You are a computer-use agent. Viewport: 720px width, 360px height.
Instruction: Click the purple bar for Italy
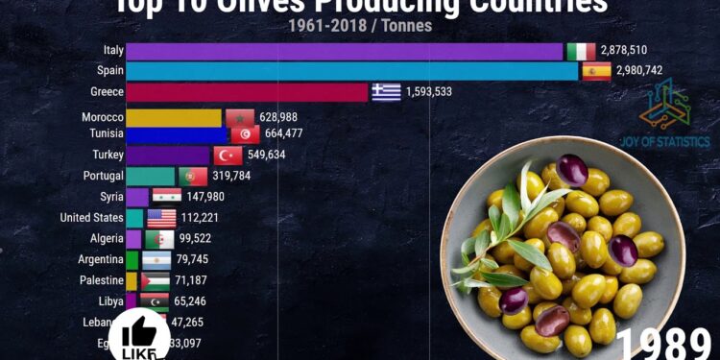click(344, 51)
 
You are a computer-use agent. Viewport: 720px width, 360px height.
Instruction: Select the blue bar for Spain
click(351, 71)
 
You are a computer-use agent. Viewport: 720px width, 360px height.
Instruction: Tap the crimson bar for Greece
click(247, 92)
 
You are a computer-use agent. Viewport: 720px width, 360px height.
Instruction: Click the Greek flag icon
click(386, 92)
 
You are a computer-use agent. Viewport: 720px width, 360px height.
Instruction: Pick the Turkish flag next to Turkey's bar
click(228, 155)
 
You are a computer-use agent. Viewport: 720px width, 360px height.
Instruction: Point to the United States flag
click(161, 218)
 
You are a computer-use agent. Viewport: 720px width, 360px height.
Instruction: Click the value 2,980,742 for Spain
click(649, 71)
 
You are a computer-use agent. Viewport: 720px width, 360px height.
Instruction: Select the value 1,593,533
click(443, 92)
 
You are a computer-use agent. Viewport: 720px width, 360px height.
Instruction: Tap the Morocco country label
click(103, 117)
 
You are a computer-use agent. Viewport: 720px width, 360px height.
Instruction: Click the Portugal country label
click(104, 176)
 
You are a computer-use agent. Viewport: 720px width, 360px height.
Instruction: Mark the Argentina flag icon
click(156, 260)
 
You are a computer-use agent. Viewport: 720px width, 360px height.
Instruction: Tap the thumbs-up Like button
click(139, 336)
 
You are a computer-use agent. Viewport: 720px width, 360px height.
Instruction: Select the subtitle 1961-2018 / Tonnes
click(360, 26)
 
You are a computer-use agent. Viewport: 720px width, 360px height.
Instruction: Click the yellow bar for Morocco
click(174, 117)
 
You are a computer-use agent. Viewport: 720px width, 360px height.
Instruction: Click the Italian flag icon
click(581, 51)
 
